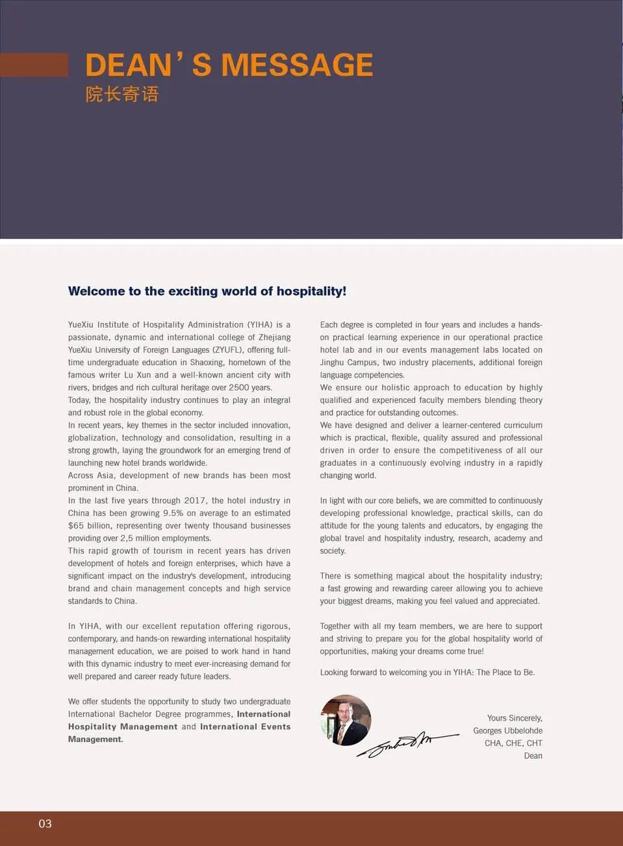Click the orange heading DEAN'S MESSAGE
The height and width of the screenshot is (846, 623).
click(x=229, y=65)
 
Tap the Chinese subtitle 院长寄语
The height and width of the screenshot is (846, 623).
click(x=122, y=95)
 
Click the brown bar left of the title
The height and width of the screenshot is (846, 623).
click(x=34, y=65)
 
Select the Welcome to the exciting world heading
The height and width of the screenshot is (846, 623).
click(x=207, y=291)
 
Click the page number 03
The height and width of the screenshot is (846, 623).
click(x=45, y=824)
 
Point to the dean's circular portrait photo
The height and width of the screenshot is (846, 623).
click(x=346, y=720)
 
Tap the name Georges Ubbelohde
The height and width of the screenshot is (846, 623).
click(x=507, y=731)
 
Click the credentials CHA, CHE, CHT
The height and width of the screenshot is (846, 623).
click(x=513, y=743)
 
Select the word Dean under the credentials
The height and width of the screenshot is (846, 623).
click(x=533, y=756)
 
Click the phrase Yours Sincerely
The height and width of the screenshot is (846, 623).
click(x=515, y=718)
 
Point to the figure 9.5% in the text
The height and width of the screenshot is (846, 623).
click(x=173, y=513)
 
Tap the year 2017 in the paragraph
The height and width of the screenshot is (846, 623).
click(x=195, y=501)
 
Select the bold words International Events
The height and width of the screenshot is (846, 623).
click(x=245, y=727)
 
